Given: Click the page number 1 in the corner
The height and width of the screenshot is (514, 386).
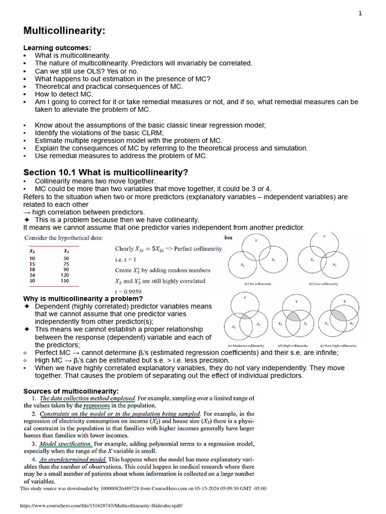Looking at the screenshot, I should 360,14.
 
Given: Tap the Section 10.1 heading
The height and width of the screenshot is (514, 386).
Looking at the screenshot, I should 106,173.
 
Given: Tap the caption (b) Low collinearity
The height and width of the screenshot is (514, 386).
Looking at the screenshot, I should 324,284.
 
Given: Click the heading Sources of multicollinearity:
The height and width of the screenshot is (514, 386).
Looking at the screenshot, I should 71,391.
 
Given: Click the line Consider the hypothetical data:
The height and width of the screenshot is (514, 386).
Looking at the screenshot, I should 64,238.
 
